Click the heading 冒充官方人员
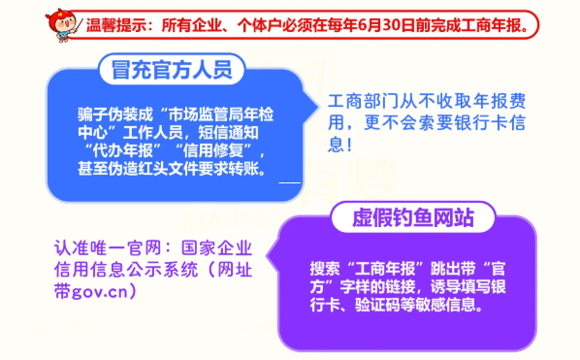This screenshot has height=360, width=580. [x=171, y=71]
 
